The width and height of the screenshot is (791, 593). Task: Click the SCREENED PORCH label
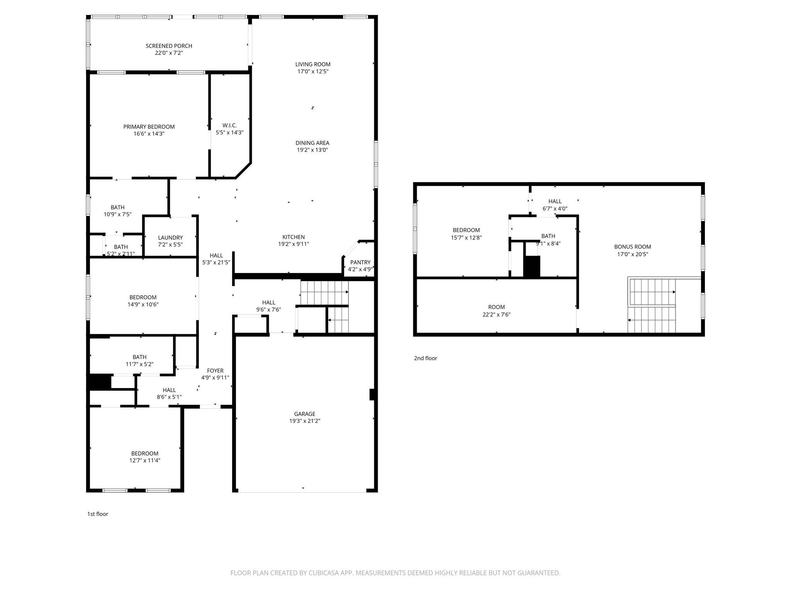pyautogui.click(x=169, y=46)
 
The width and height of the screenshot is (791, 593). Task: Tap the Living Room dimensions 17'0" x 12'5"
pyautogui.click(x=313, y=71)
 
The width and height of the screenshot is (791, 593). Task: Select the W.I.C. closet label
pyautogui.click(x=229, y=125)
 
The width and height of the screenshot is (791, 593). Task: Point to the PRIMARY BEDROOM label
pyautogui.click(x=149, y=127)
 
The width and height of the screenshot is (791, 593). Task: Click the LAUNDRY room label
pyautogui.click(x=170, y=237)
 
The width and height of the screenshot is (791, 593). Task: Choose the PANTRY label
pyautogui.click(x=360, y=262)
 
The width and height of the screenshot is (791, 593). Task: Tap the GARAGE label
pyautogui.click(x=305, y=414)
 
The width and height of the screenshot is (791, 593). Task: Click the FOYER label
pyautogui.click(x=215, y=371)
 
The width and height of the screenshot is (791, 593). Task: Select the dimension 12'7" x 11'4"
pyautogui.click(x=145, y=460)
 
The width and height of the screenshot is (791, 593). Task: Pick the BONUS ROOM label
pyautogui.click(x=633, y=247)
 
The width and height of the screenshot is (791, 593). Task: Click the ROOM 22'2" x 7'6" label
pyautogui.click(x=497, y=307)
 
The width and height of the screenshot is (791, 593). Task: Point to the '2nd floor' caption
pyautogui.click(x=426, y=358)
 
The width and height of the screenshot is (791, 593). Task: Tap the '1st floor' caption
pyautogui.click(x=98, y=514)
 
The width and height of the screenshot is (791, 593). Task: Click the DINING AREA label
pyautogui.click(x=312, y=143)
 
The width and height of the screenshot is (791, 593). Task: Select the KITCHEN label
pyautogui.click(x=294, y=237)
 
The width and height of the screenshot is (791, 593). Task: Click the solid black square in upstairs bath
pyautogui.click(x=532, y=266)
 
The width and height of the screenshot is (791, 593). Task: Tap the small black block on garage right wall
pyautogui.click(x=372, y=395)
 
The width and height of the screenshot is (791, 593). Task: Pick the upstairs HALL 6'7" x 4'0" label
pyautogui.click(x=555, y=201)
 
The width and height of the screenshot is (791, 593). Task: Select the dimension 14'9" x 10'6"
pyautogui.click(x=143, y=304)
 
